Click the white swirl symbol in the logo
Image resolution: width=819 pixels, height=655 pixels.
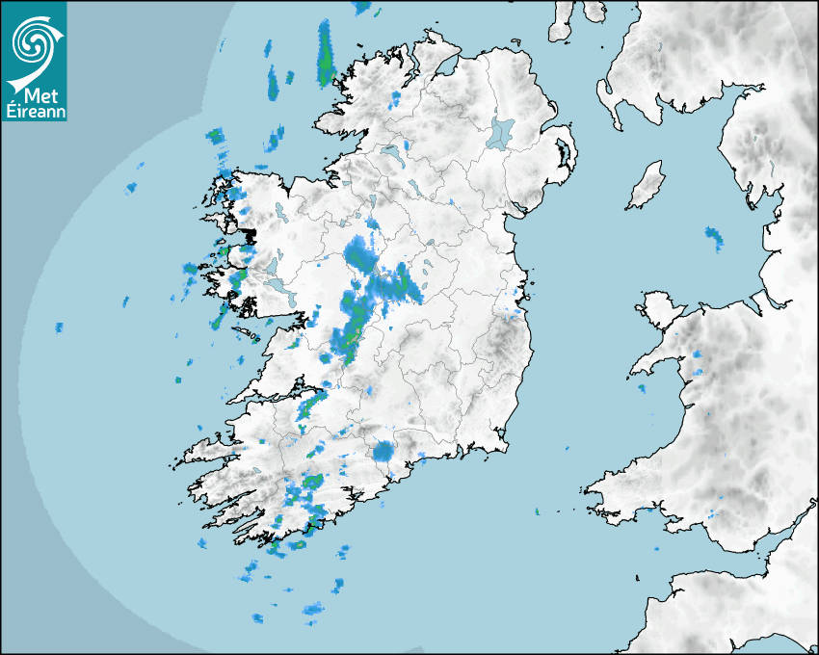coord(31,40)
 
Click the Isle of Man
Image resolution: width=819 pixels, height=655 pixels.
coord(647,186)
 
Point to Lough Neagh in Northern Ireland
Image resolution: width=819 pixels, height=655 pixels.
coord(501,132)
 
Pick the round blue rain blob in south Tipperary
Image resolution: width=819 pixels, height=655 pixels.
coord(384,451)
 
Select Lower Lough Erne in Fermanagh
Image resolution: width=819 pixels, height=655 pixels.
coord(390,153)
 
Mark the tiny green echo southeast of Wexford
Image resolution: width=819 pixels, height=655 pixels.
coord(539,511)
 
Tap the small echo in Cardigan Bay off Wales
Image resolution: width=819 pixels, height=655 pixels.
coord(641,388)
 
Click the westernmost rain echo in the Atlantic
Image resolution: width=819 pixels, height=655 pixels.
coord(59,327)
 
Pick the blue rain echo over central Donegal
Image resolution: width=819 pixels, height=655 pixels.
coord(395,100)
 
